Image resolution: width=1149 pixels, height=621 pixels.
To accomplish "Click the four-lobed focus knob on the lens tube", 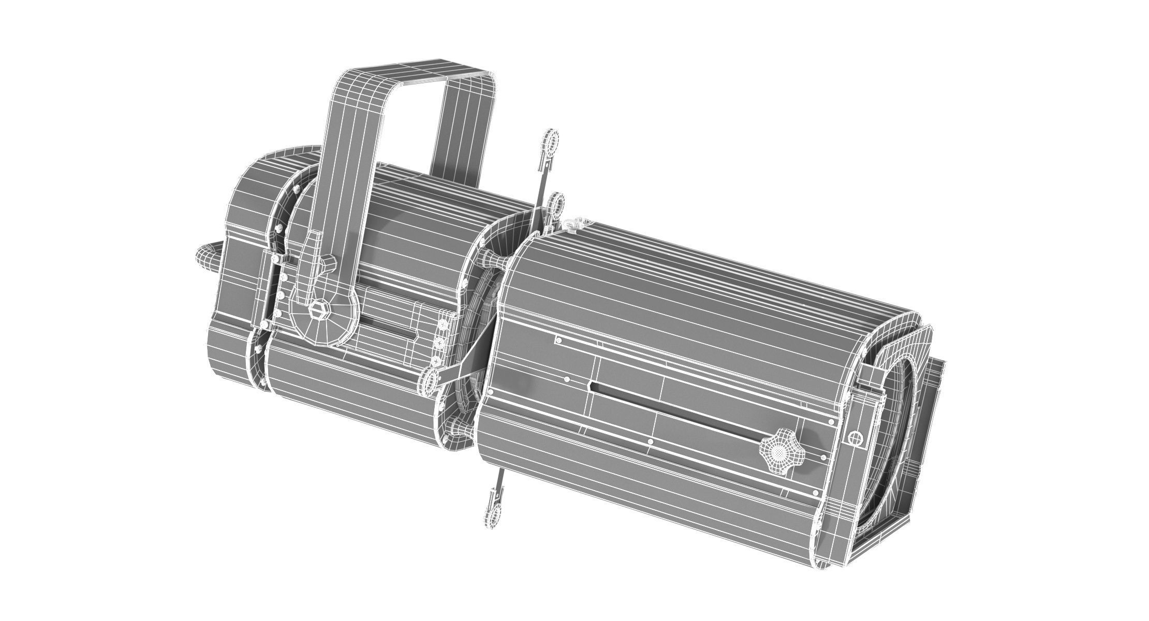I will (x=782, y=453).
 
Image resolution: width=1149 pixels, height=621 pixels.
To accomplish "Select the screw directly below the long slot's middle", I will (x=650, y=442).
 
